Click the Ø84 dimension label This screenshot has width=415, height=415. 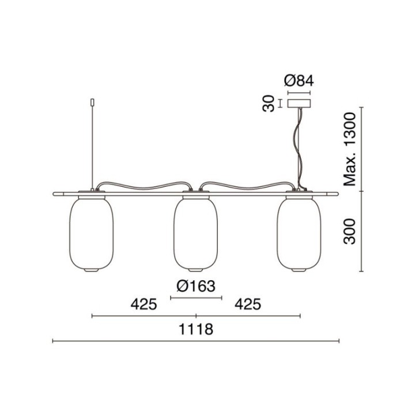click(299, 81)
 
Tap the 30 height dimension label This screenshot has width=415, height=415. click(269, 104)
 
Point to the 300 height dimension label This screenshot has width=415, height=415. click(349, 231)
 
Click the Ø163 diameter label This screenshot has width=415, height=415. click(196, 286)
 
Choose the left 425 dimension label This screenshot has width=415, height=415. click(144, 304)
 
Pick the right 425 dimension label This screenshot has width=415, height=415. click(248, 304)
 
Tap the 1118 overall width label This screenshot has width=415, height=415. click(196, 329)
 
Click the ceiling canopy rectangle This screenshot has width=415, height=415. click(299, 103)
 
